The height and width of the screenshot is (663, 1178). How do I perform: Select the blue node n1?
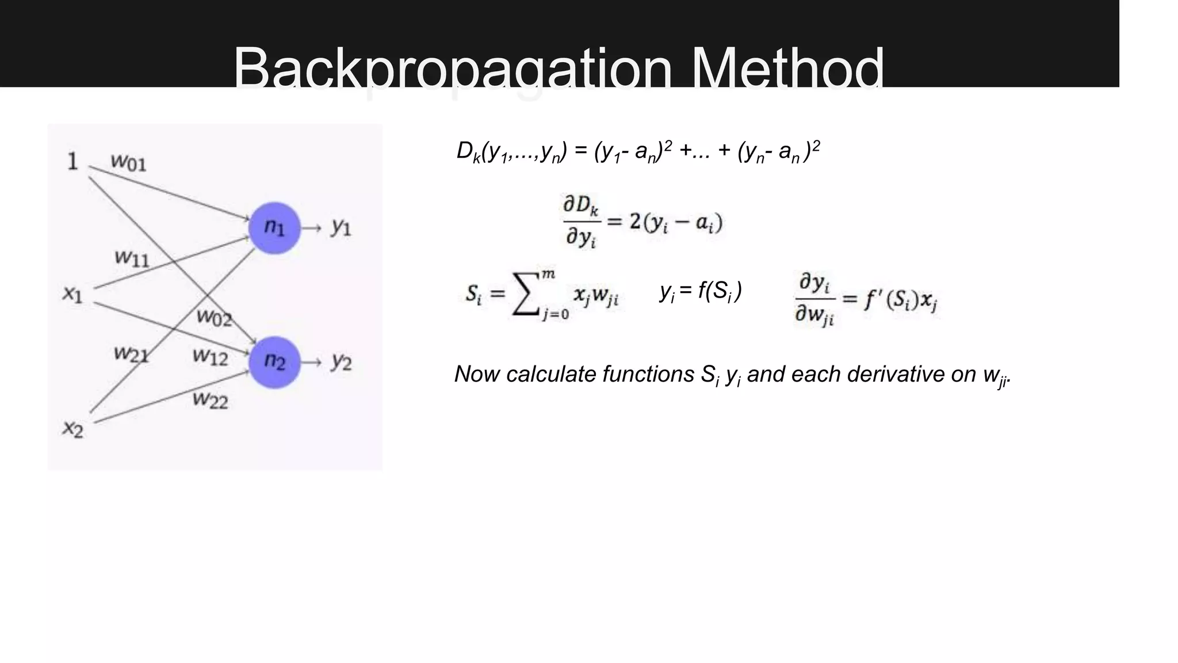(x=274, y=228)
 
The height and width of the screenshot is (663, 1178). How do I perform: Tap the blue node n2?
(x=274, y=362)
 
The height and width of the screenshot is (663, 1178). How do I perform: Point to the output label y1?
(x=341, y=228)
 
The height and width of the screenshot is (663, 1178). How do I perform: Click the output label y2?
(x=341, y=363)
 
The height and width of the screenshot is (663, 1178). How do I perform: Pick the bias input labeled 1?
(x=72, y=162)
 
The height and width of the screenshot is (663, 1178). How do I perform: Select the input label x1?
(x=72, y=295)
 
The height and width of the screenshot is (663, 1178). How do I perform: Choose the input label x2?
(x=73, y=429)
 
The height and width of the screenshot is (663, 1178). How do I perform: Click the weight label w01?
(x=128, y=162)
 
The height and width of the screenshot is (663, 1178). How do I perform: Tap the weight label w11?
(x=132, y=258)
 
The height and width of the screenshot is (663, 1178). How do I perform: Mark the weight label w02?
(x=213, y=317)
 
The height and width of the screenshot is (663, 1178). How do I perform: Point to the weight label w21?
(x=131, y=354)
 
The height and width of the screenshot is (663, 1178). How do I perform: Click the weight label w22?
(x=210, y=399)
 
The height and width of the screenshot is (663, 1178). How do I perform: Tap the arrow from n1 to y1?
(x=311, y=228)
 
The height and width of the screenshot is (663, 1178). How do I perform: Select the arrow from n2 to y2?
(x=311, y=363)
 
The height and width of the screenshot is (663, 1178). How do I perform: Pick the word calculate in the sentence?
(x=550, y=375)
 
